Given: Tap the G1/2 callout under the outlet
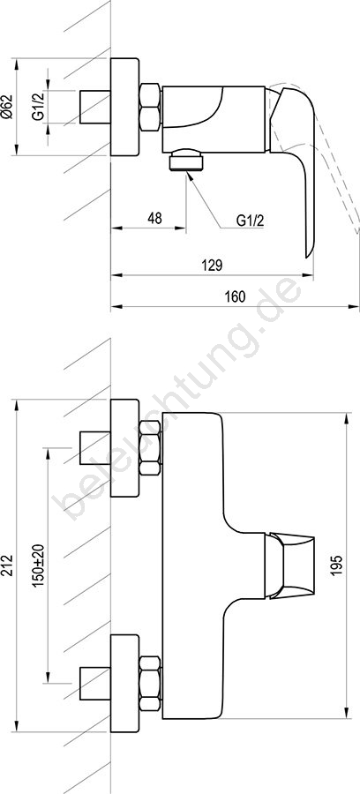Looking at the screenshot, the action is pyautogui.click(x=250, y=221).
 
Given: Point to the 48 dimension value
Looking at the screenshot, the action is pyautogui.click(x=155, y=218).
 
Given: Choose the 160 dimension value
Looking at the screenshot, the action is pyautogui.click(x=236, y=296).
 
